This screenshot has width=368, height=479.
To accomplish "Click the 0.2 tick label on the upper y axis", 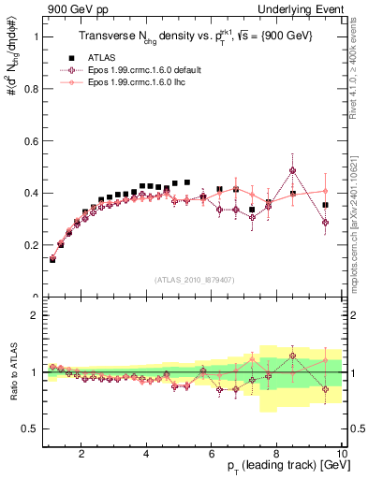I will (x=32, y=245).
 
